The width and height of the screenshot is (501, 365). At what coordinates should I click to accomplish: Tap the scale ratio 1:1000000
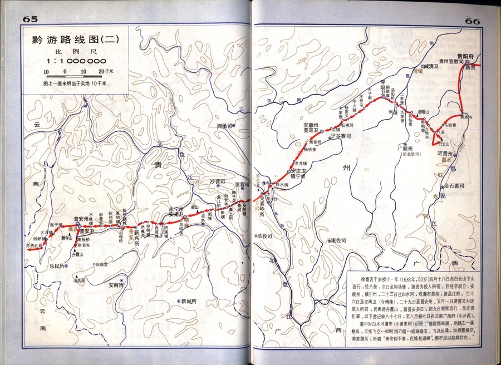(x=76, y=61)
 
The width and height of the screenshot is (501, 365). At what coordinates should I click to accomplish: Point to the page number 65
(x=30, y=19)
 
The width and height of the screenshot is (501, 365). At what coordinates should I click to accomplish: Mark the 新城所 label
(x=189, y=301)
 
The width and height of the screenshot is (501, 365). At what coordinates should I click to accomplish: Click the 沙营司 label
(x=217, y=182)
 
